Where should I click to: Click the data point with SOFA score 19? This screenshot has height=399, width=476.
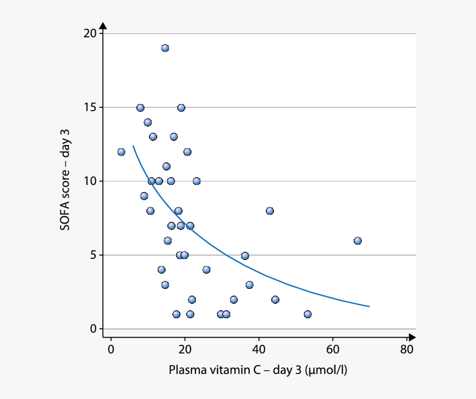165,48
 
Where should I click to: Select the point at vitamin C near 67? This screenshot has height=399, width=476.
358,241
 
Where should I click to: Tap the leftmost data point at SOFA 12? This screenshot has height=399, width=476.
121,152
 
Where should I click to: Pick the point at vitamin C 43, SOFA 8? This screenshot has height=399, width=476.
270,211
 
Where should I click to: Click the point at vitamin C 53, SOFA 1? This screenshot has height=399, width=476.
308,314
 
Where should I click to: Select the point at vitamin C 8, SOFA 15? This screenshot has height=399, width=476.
140,108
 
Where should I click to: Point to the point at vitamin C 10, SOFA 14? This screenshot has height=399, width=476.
148,122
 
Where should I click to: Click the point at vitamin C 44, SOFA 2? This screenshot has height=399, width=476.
275,299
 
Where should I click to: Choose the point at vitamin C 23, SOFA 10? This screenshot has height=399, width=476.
196,181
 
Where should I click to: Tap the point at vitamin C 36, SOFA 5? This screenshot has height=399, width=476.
245,256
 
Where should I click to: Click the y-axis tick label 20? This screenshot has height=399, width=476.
90,33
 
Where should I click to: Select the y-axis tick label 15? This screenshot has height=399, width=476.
90,107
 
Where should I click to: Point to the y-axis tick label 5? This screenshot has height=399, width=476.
93,255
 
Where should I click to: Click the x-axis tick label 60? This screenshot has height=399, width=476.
333,349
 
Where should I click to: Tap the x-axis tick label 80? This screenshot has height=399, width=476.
407,349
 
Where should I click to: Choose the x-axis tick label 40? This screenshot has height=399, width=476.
258,349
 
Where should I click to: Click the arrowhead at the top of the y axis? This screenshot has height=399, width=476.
103,26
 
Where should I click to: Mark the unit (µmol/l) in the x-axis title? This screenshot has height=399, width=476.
326,370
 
